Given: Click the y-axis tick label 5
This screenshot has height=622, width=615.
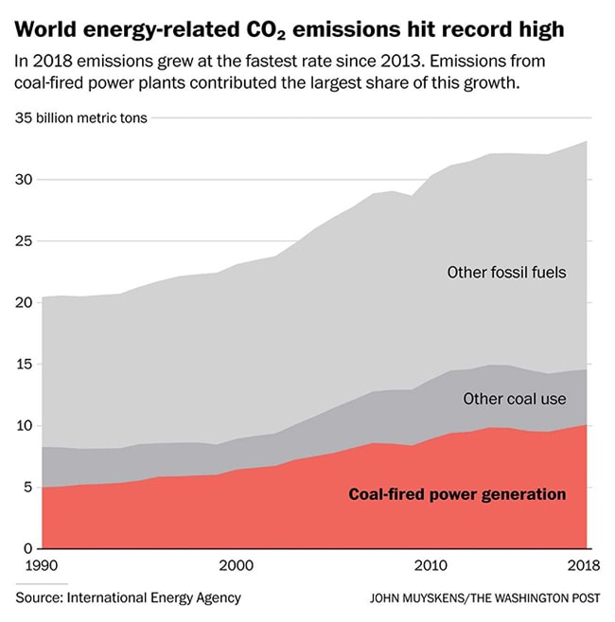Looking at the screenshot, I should coord(27,488).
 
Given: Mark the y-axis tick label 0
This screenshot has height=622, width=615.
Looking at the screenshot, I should coord(27,549).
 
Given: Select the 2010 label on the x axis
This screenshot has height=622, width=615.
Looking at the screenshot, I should coord(431,566).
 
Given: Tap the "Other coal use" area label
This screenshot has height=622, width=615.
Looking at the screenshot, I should coord(515,399).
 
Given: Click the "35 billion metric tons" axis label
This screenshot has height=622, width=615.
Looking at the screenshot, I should coord(81,119).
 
